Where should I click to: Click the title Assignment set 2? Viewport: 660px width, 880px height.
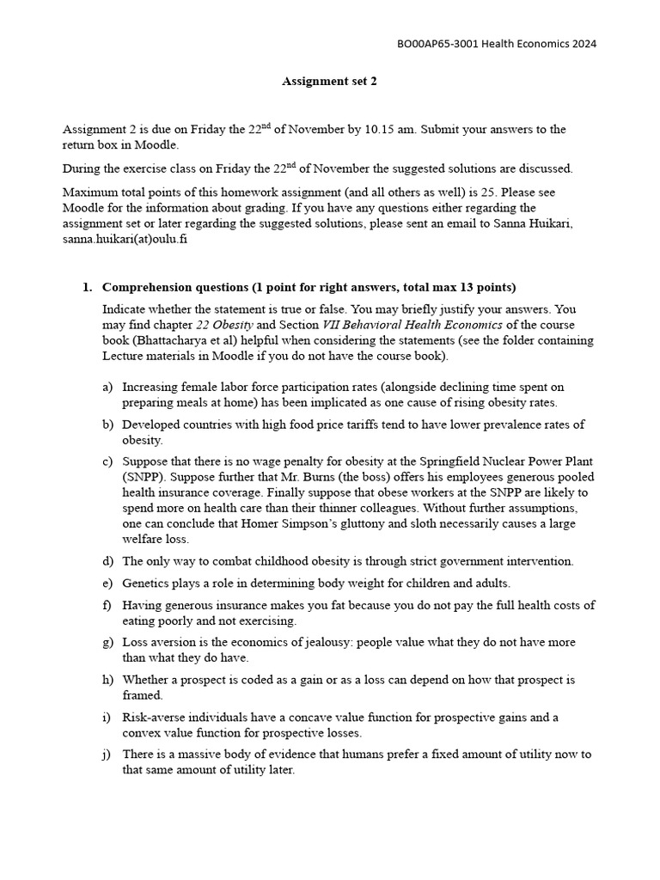coord(329,82)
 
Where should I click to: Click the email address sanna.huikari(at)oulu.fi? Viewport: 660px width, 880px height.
coord(125,239)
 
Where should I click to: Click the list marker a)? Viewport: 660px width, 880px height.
coord(107,388)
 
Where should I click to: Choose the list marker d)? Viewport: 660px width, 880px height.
coord(107,561)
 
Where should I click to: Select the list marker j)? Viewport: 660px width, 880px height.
coord(107,755)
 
